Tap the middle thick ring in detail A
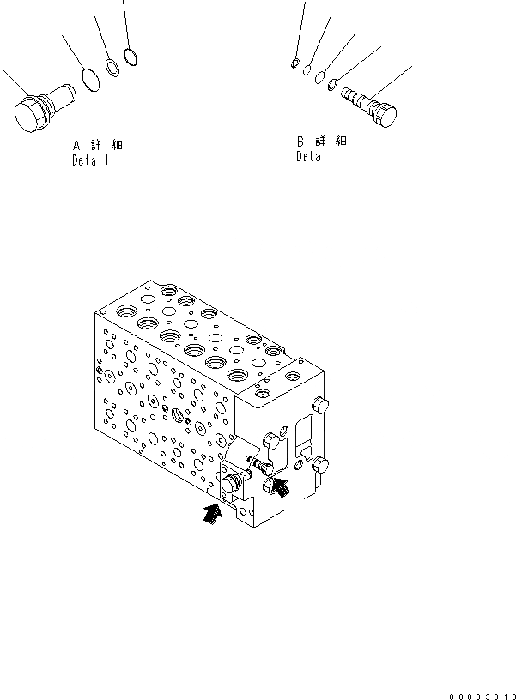pos(112,68)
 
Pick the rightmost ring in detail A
pos(131,57)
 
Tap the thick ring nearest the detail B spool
pos(332,84)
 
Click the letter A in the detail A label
pos(77,146)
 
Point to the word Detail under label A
pos(90,161)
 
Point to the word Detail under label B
pos(314,157)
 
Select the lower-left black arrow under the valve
pos(210,514)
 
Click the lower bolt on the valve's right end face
pos(321,466)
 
